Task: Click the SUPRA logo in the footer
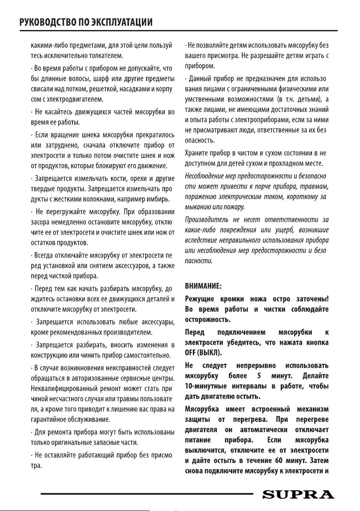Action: tap(298, 495)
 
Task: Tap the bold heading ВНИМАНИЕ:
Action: tap(203, 285)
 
